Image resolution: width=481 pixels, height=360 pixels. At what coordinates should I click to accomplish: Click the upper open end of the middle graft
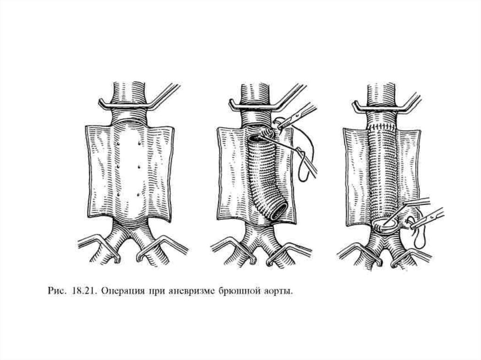(257, 137)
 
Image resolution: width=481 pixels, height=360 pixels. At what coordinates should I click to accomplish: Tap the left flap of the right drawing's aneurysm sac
(355, 174)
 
